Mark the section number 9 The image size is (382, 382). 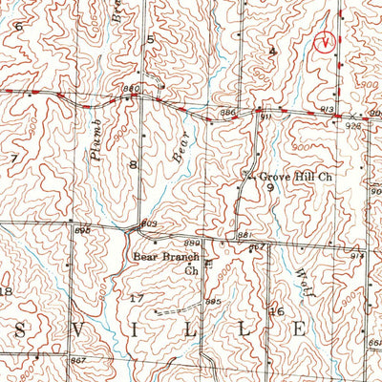270,188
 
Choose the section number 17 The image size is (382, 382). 136,299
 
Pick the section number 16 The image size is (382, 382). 280,311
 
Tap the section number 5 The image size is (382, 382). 150,39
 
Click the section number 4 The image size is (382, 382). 272,50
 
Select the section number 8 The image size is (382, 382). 134,165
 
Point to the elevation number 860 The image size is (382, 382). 131,89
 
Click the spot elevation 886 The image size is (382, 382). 227,113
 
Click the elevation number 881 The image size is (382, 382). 244,235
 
